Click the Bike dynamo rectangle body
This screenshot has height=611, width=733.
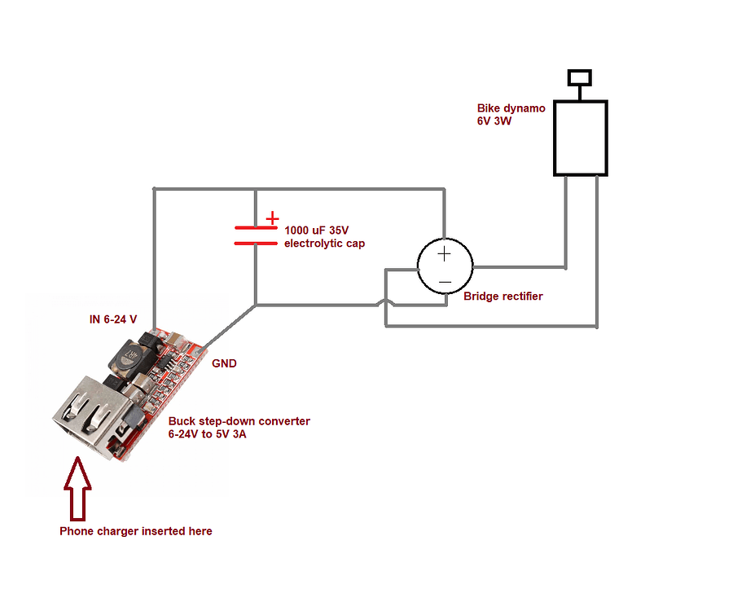581,138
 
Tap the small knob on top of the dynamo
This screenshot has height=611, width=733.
580,77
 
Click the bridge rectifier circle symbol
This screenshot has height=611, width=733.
445,266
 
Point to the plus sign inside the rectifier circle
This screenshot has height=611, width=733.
445,253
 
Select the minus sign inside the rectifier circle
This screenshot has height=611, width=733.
445,282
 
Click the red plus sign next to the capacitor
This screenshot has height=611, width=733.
272,219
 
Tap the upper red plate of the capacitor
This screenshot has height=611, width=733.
256,229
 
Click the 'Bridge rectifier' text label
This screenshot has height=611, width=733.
503,297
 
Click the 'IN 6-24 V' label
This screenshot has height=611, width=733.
113,319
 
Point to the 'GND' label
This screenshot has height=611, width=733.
224,363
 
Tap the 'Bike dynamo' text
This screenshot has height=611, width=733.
511,108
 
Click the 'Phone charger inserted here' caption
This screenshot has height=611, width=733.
136,531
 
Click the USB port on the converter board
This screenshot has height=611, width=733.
81,415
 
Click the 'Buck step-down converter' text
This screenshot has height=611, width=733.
239,421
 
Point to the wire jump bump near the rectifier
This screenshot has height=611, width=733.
384,306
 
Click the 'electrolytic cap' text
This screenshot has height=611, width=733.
324,244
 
